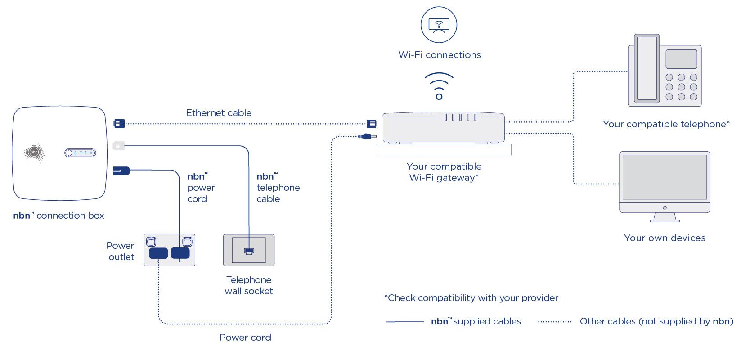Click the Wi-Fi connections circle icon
pyautogui.click(x=439, y=25)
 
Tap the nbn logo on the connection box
pyautogui.click(x=34, y=153)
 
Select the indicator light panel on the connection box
pyautogui.click(x=80, y=153)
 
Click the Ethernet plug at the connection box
pyautogui.click(x=119, y=123)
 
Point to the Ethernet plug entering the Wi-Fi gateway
pyautogui.click(x=372, y=123)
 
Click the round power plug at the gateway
pyautogui.click(x=367, y=136)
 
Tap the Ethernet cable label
pyautogui.click(x=219, y=113)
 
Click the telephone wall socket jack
pyautogui.click(x=249, y=251)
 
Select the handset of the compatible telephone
pyautogui.click(x=647, y=68)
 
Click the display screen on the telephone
pyautogui.click(x=681, y=59)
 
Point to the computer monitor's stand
pyautogui.click(x=665, y=217)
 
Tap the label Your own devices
pyautogui.click(x=665, y=238)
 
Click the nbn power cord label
pyautogui.click(x=201, y=188)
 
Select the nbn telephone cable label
pyautogui.click(x=278, y=188)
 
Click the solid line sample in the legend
pyautogui.click(x=405, y=322)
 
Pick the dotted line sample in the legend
pyautogui.click(x=555, y=322)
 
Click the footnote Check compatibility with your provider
pyautogui.click(x=471, y=298)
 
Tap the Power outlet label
pyautogui.click(x=121, y=251)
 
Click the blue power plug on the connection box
pyautogui.click(x=121, y=171)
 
